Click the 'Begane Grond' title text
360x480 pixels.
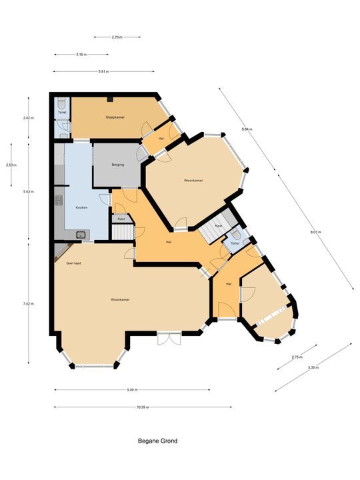158,441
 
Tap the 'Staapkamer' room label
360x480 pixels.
115,117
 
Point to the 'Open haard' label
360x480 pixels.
73,263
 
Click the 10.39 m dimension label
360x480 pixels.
143,407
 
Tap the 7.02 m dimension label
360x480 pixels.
28,304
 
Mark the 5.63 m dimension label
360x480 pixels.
28,191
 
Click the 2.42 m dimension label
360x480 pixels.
28,118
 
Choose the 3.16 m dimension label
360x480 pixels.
83,54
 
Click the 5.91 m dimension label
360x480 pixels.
103,71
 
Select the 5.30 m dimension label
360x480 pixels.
313,368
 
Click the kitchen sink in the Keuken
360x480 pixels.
81,233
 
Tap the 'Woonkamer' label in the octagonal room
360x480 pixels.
193,181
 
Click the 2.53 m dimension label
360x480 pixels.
10,165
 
